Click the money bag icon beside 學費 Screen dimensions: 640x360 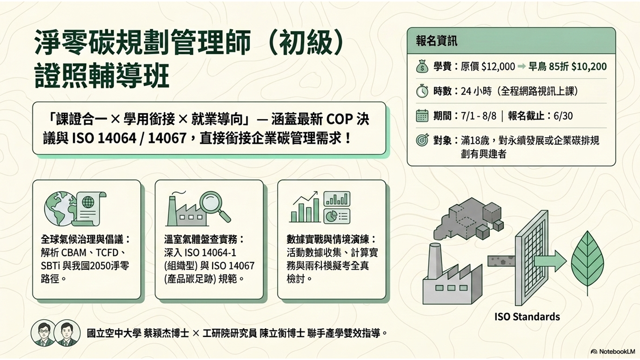click(x=422, y=66)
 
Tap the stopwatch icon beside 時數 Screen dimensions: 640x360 click(x=422, y=91)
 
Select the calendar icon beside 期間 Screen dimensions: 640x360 click(x=422, y=116)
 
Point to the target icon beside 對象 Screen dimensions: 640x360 click(x=422, y=140)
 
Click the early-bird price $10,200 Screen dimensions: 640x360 click(x=589, y=67)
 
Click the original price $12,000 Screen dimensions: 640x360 click(x=498, y=67)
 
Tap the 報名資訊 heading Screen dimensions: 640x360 click(x=436, y=41)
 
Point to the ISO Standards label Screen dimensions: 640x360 click(x=527, y=316)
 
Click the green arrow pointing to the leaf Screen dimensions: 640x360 click(x=550, y=261)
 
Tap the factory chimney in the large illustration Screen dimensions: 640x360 click(x=435, y=261)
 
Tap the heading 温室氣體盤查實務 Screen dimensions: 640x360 click(x=200, y=239)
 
